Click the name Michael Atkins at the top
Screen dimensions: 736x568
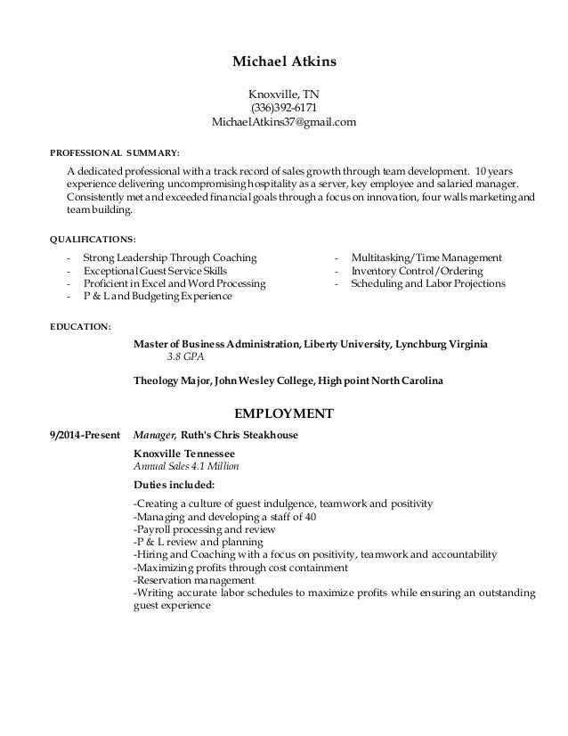283,62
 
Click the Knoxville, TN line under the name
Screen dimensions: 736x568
283,93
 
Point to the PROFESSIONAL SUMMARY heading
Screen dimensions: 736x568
115,152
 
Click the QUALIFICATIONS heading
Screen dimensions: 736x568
93,239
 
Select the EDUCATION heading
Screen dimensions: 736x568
80,326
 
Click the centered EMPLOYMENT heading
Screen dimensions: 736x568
283,413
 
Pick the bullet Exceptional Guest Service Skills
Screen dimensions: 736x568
155,270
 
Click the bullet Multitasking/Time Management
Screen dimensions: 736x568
426,257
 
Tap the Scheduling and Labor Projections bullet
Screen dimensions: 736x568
428,283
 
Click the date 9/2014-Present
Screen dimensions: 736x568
85,436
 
